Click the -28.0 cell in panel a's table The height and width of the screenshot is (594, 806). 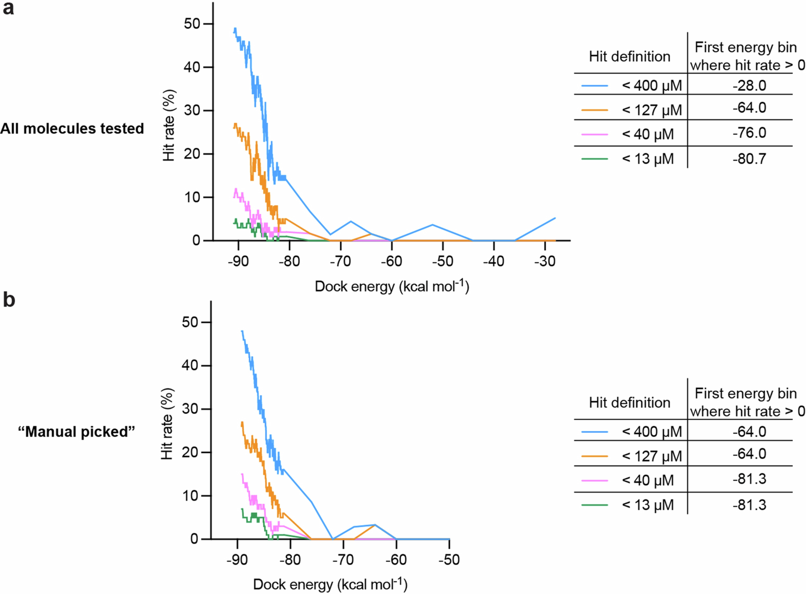pyautogui.click(x=749, y=86)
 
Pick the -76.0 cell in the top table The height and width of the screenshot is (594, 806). pyautogui.click(x=749, y=133)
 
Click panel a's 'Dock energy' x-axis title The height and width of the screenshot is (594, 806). pyautogui.click(x=392, y=287)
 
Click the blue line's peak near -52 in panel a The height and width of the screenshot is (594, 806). pyautogui.click(x=433, y=225)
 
